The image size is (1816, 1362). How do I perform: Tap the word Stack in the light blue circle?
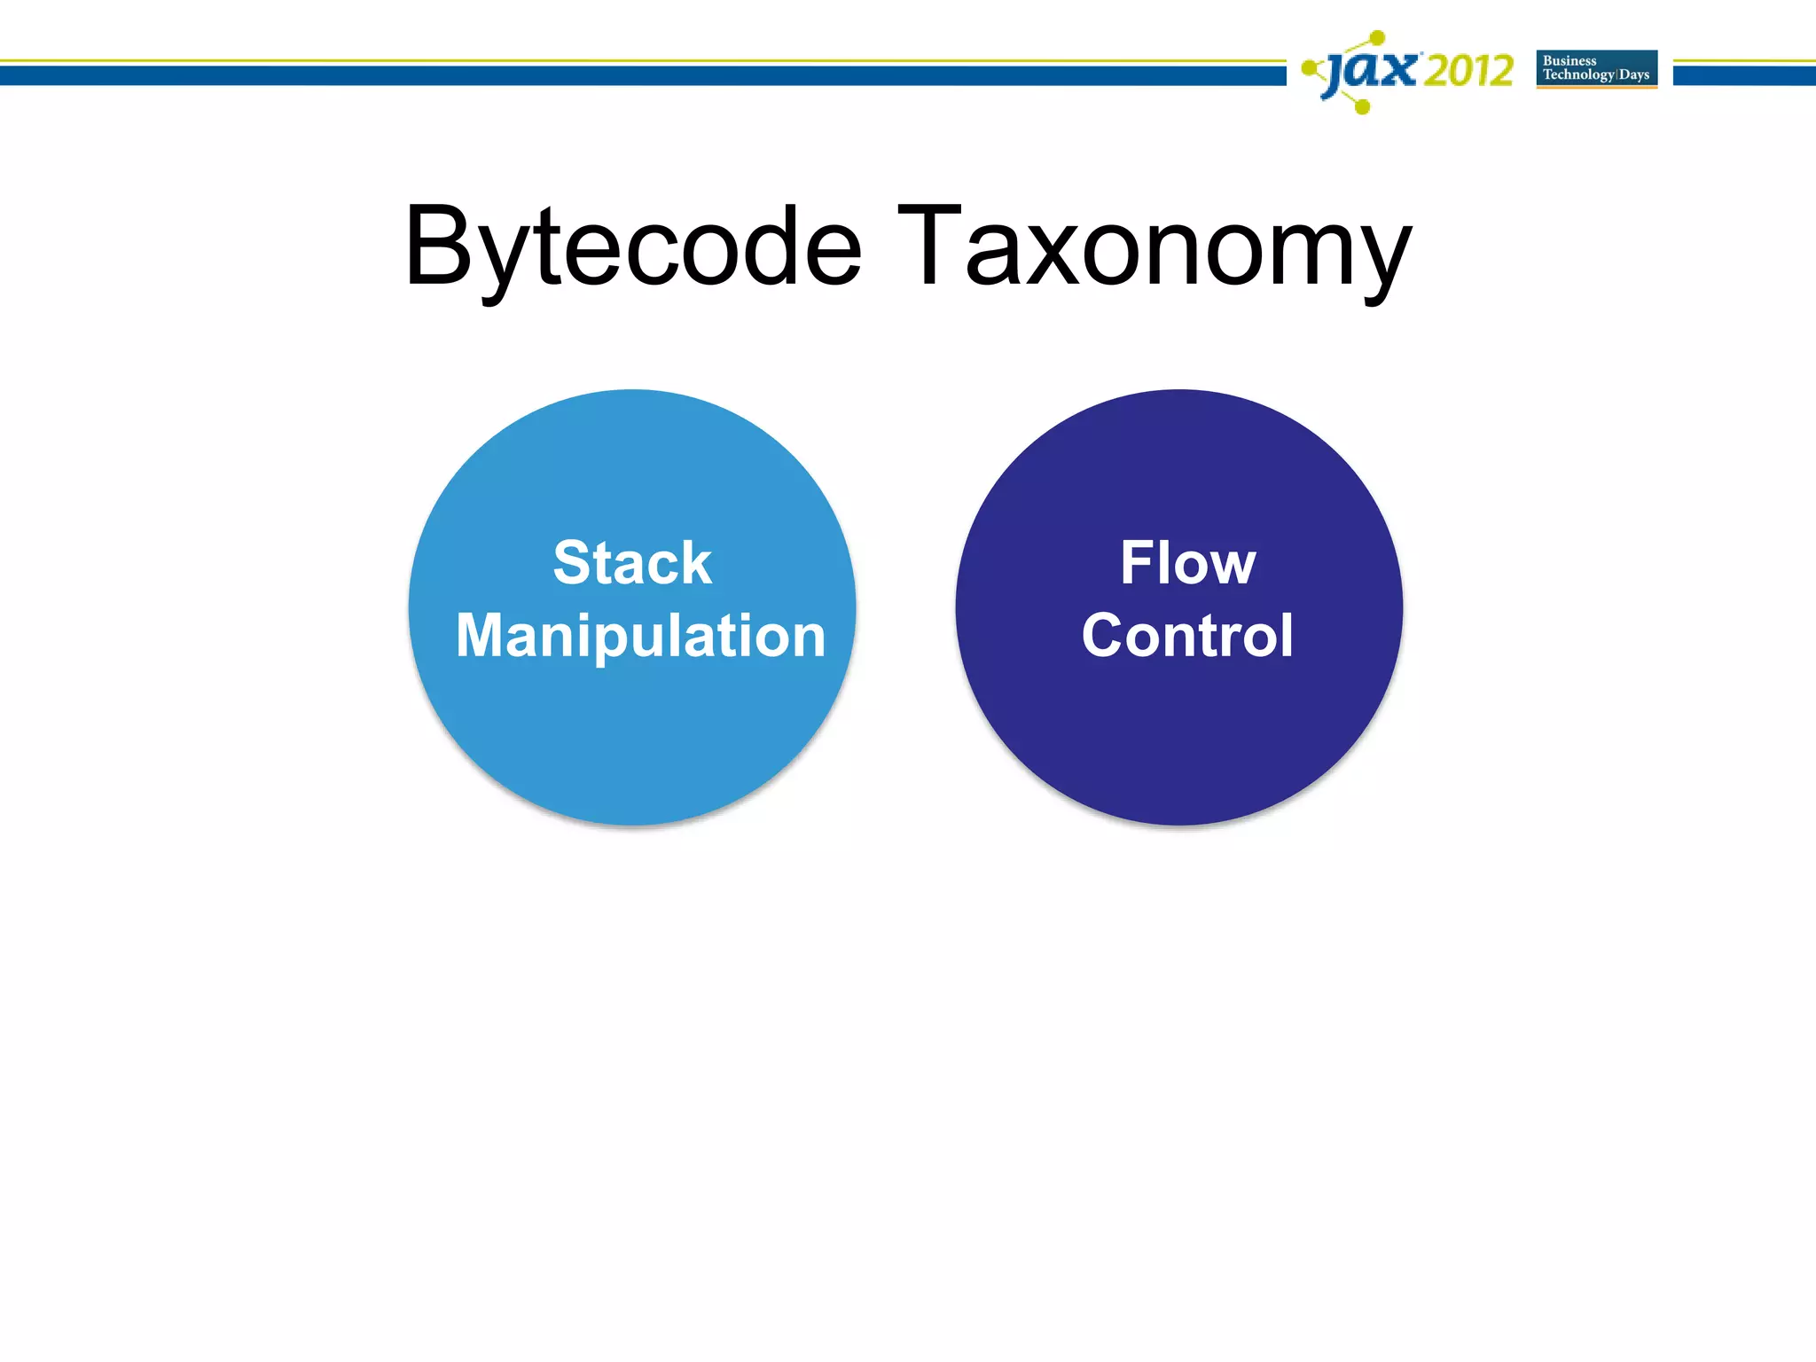click(x=632, y=563)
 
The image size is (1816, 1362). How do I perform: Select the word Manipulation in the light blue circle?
click(x=640, y=636)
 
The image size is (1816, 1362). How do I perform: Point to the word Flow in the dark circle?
click(x=1187, y=563)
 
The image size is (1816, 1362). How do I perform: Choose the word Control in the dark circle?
click(x=1187, y=636)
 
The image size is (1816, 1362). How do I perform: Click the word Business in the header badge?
click(x=1569, y=61)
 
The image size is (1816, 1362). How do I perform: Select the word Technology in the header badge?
click(x=1578, y=74)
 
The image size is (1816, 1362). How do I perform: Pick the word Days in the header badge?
click(x=1634, y=74)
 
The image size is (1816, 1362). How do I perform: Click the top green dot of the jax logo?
click(x=1377, y=37)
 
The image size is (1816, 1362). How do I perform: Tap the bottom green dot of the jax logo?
click(x=1363, y=107)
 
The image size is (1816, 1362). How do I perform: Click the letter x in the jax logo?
click(x=1400, y=69)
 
